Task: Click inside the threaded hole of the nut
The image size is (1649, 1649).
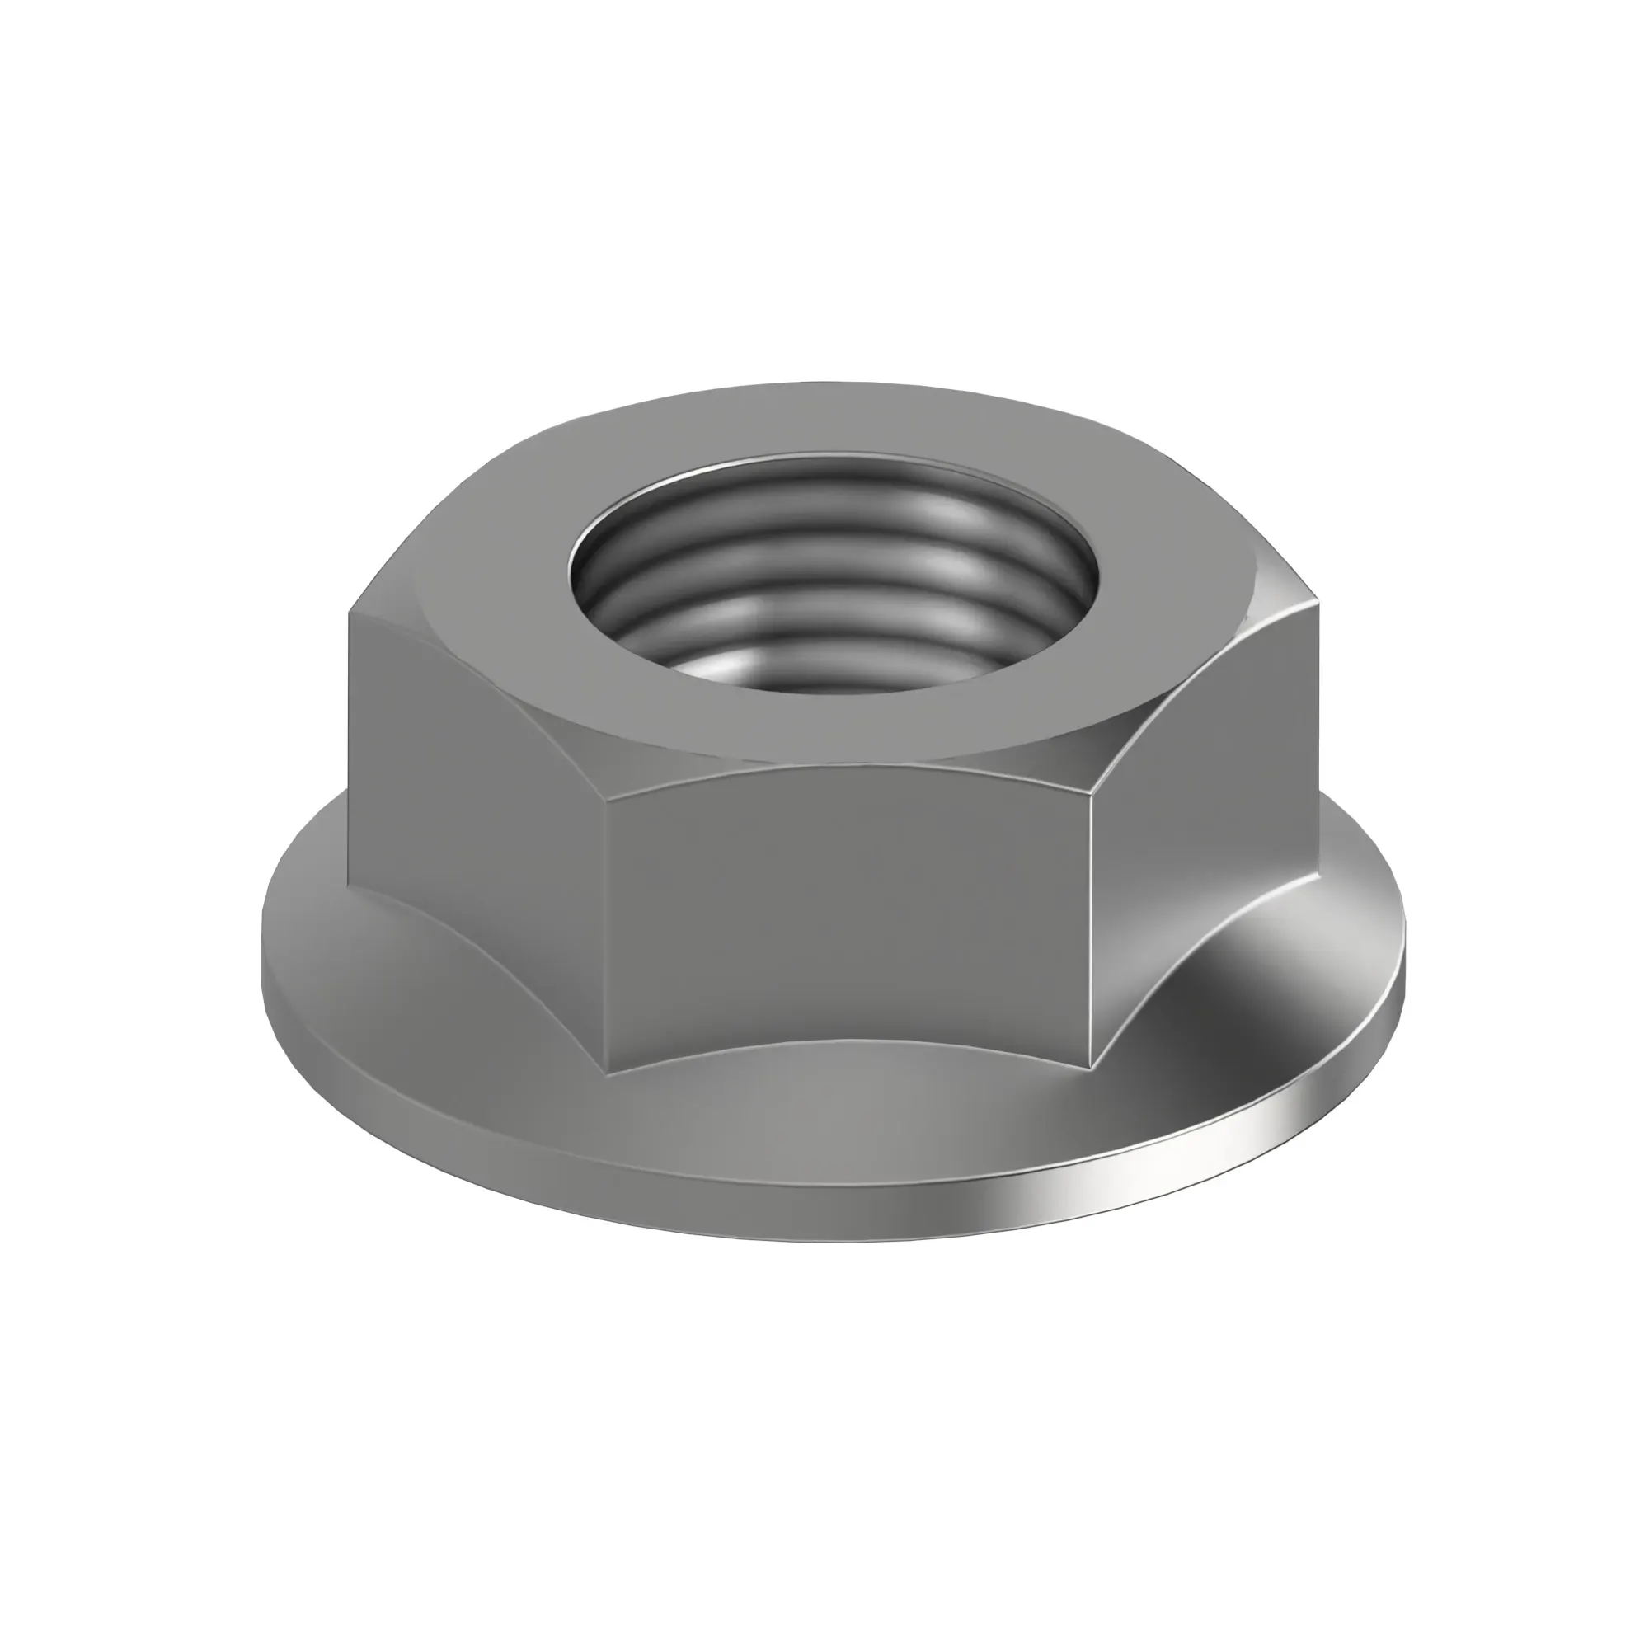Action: pos(832,589)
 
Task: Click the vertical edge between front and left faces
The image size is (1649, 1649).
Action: pos(604,930)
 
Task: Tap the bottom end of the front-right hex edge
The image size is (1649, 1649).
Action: pos(1091,1067)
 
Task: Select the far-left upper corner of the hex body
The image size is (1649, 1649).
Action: pos(350,611)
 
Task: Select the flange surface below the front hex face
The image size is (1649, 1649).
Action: pos(845,1110)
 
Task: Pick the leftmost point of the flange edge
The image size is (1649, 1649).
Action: pos(263,965)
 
